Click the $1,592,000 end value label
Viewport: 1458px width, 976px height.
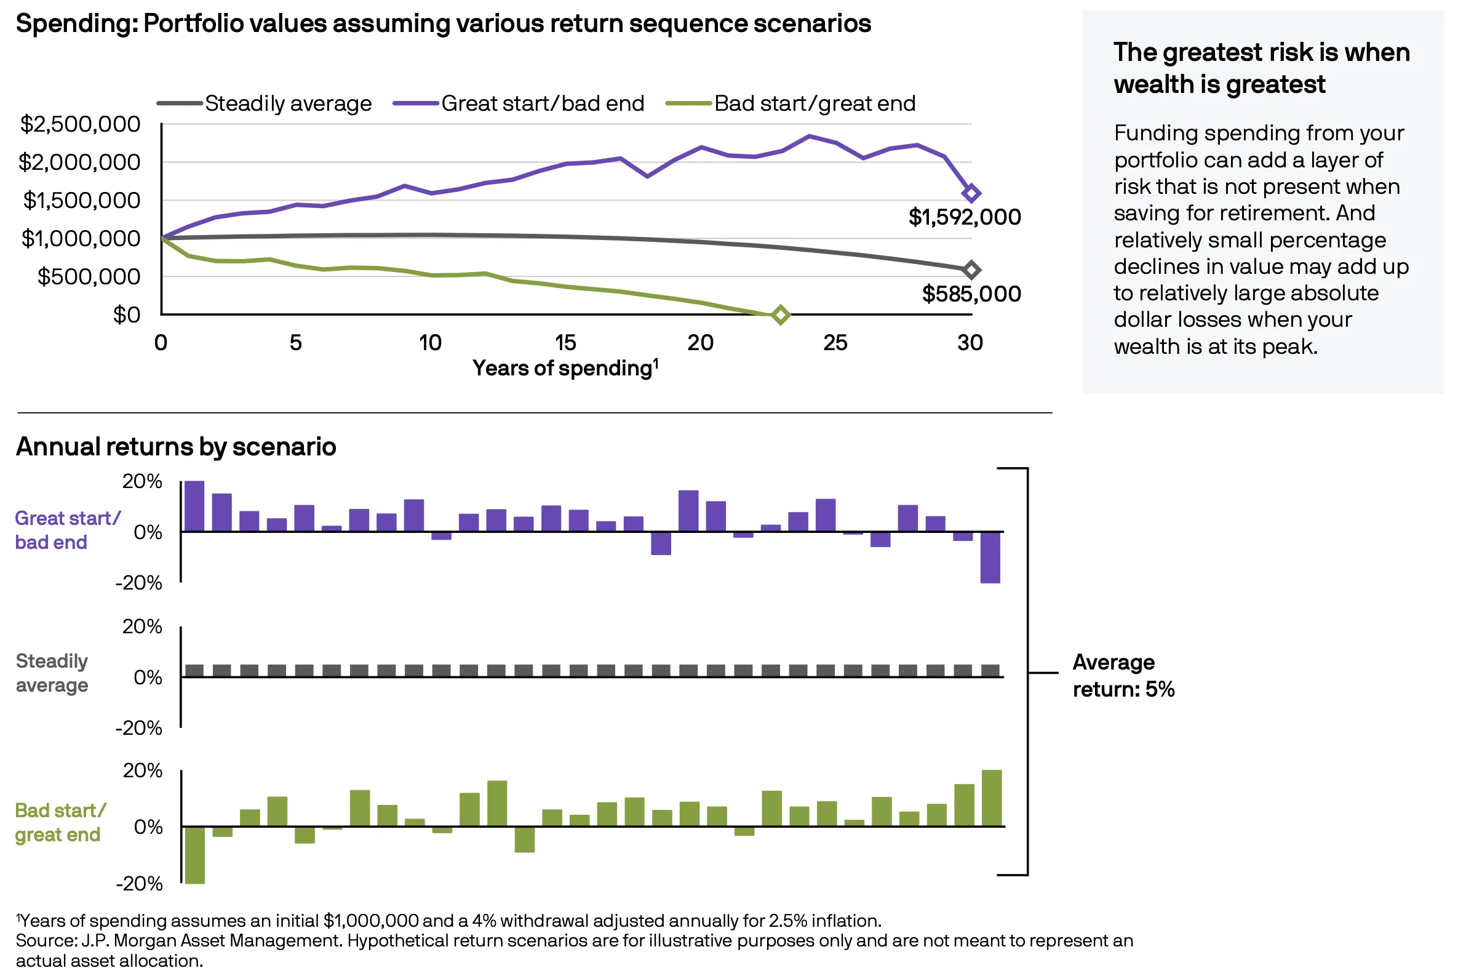pos(964,217)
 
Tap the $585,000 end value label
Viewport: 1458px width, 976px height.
pos(971,294)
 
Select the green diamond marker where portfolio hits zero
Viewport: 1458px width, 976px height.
pos(780,315)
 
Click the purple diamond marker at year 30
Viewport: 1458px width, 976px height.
pos(971,194)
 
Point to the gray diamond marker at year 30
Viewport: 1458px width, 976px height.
pos(971,270)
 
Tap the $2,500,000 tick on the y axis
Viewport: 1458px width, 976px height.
pos(80,124)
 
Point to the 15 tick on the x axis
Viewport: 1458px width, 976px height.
pos(565,342)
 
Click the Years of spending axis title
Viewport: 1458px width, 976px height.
pos(564,368)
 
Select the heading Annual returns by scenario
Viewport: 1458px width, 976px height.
pos(176,446)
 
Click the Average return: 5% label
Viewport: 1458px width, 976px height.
pos(1123,675)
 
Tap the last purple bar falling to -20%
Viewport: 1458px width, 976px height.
pos(990,558)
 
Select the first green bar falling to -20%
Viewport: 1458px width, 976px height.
pos(195,855)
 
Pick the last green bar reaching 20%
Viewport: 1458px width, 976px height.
pos(991,798)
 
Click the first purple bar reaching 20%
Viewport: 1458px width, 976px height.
pos(194,506)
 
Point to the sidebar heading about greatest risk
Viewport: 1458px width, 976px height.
pos(1261,68)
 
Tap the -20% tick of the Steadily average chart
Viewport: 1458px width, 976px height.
pos(139,727)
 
